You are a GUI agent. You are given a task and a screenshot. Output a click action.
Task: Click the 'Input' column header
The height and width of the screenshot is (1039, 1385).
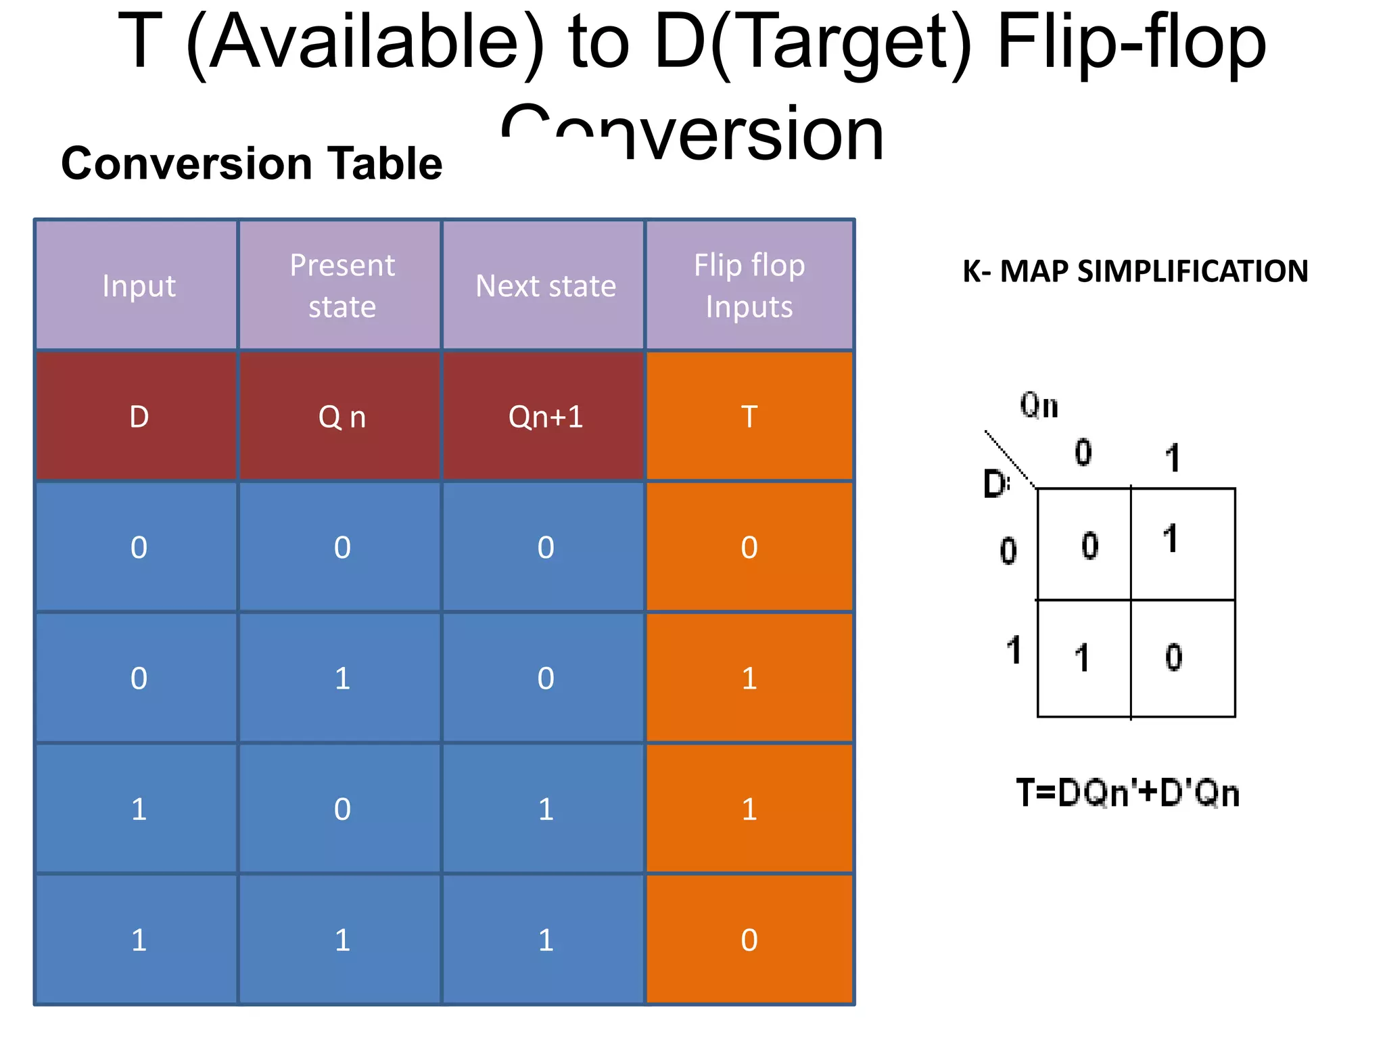[139, 285]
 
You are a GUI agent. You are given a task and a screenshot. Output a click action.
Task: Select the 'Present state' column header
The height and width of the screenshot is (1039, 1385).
[342, 285]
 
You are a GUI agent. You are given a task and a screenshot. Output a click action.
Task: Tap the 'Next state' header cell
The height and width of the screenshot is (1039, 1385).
[545, 285]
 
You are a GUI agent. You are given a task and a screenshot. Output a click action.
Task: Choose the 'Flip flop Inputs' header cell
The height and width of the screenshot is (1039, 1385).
[749, 285]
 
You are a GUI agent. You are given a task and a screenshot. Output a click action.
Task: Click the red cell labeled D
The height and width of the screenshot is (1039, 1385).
[139, 416]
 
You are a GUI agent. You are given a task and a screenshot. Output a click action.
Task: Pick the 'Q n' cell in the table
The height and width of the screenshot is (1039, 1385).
[342, 416]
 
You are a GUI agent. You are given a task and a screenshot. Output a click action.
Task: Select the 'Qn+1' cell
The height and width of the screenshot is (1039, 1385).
[545, 416]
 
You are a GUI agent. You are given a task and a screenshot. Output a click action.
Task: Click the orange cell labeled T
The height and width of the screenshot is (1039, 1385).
[749, 416]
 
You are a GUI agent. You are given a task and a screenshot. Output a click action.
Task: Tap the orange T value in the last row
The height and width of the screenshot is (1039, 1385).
[749, 940]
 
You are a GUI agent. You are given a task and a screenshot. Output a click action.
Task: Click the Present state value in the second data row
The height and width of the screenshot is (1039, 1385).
[342, 678]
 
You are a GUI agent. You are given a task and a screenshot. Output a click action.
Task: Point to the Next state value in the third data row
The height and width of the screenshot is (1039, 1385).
[545, 809]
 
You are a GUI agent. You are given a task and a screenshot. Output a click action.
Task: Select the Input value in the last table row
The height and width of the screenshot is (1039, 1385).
[139, 940]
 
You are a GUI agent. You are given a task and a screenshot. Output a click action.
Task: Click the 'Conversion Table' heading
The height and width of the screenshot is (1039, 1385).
[252, 164]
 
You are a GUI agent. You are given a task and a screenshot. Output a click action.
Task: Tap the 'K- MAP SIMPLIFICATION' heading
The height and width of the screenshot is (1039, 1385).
[1135, 271]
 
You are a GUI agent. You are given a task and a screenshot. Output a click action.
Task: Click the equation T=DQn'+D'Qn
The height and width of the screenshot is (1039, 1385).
[1127, 793]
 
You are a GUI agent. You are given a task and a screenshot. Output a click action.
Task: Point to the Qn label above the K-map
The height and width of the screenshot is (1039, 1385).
[1039, 406]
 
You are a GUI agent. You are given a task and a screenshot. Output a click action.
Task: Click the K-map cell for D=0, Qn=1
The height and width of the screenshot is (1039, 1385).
[1182, 543]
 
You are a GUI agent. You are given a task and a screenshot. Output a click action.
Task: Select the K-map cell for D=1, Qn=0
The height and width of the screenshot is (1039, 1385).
[1083, 657]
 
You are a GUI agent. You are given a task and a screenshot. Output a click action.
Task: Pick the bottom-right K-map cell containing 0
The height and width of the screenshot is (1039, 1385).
[1182, 657]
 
